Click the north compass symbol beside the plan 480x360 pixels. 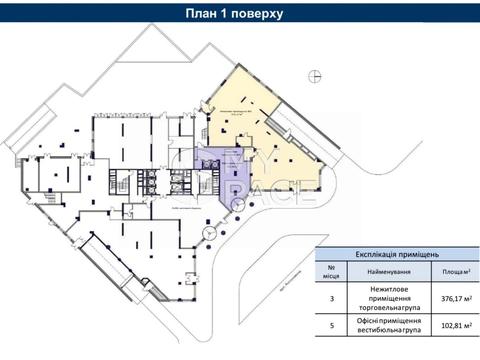coord(315,75)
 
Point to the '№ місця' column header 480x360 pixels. coord(331,272)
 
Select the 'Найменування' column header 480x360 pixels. coord(385,272)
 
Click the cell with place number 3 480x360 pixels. coord(331,297)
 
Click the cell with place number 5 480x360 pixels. coord(331,326)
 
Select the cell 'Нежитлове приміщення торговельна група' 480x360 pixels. coord(385,297)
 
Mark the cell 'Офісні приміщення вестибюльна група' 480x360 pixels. coord(385,326)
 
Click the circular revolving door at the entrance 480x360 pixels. coord(208,234)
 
